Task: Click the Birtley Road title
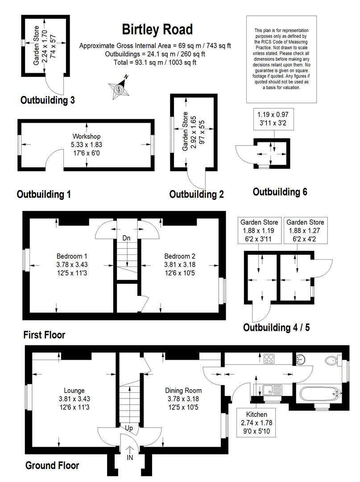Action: coord(157,30)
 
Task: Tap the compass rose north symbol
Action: coord(119,87)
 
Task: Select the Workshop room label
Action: coord(86,136)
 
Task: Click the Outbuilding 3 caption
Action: coord(47,100)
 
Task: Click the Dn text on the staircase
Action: coord(126,238)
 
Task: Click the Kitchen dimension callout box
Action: coord(256,422)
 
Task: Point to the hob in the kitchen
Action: coord(269,359)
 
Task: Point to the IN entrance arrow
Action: coord(130,449)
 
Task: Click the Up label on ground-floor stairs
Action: coord(129,428)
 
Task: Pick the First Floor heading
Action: coord(44,335)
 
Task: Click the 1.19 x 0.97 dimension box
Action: coord(273,119)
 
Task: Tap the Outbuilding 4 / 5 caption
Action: coord(276,328)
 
